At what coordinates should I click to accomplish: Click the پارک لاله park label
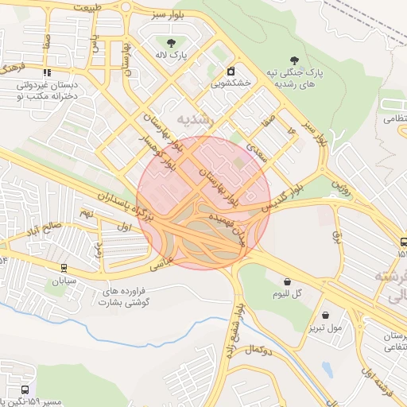click(x=170, y=56)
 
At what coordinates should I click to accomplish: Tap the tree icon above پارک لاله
click(x=171, y=41)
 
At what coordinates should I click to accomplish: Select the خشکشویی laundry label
click(x=231, y=82)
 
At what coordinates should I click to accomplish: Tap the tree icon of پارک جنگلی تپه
click(x=296, y=60)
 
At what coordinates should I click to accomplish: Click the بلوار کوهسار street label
click(x=159, y=147)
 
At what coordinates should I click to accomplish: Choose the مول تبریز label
click(x=327, y=326)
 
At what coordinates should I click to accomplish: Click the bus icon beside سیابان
click(x=64, y=268)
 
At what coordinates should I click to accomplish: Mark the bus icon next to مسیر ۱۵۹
click(x=25, y=390)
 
